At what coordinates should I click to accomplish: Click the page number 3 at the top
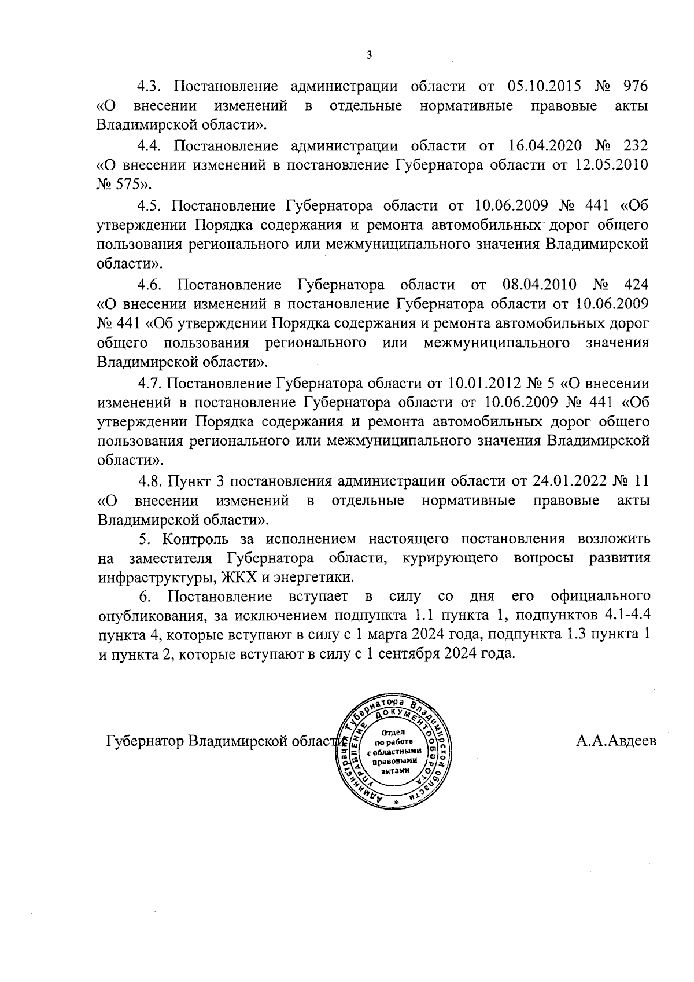click(370, 56)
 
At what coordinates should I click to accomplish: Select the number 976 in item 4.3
click(634, 87)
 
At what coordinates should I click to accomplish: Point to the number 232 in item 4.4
click(634, 145)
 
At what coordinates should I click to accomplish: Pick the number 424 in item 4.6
click(636, 285)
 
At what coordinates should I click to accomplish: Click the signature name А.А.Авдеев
click(616, 741)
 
